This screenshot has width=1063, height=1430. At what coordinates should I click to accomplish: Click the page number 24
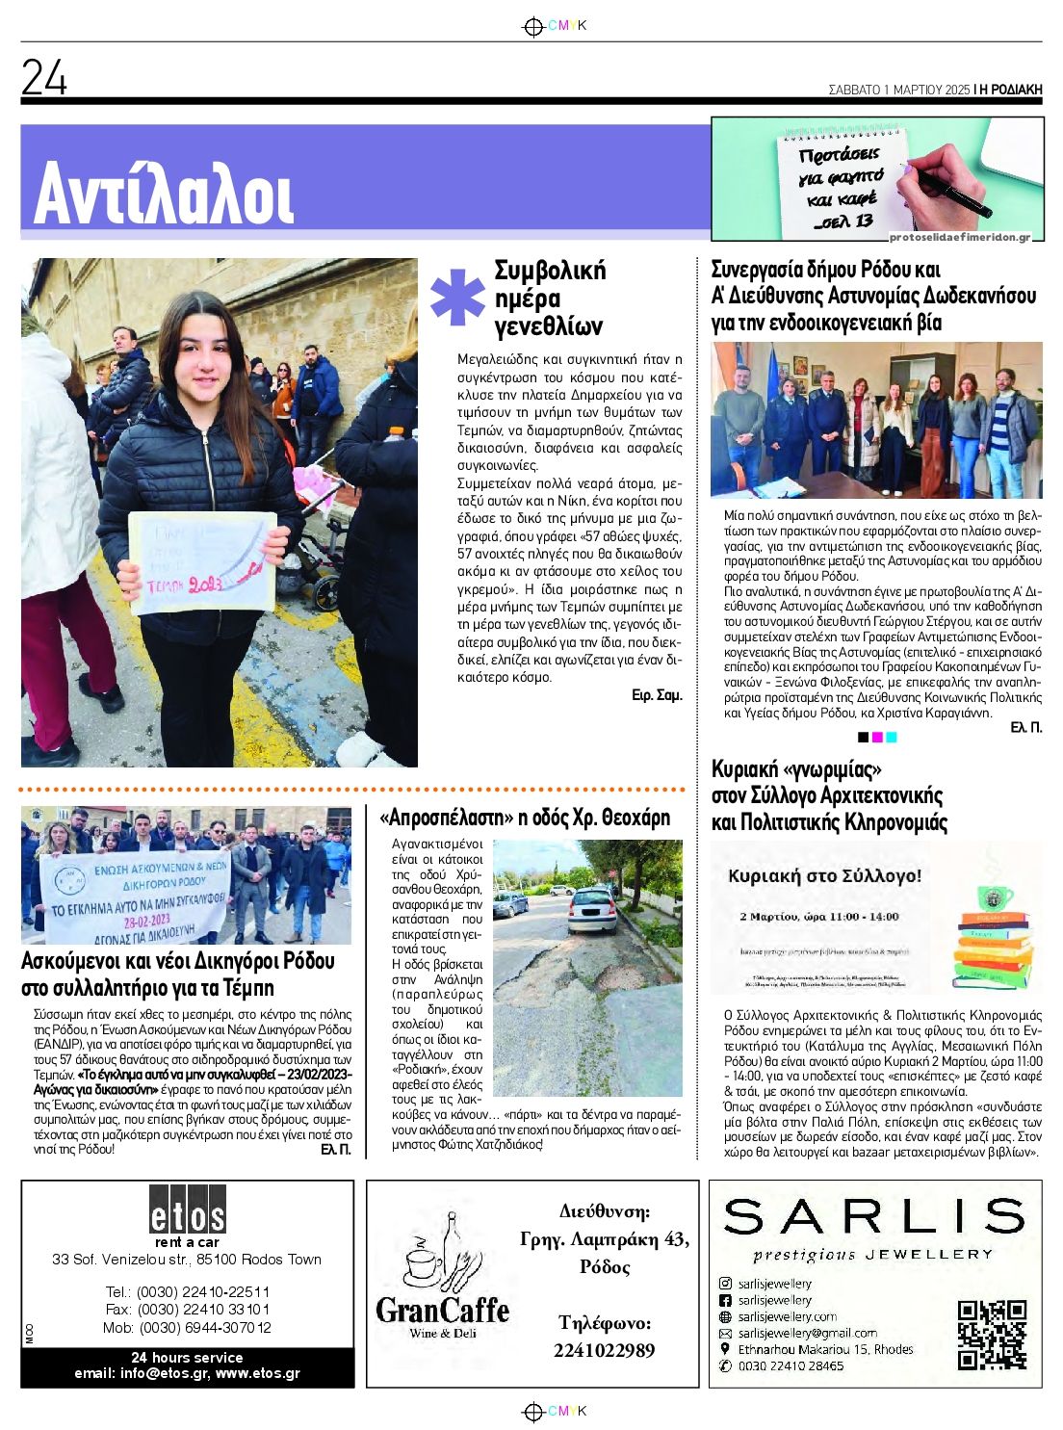pyautogui.click(x=44, y=77)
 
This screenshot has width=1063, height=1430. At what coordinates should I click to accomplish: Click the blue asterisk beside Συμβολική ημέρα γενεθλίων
pyautogui.click(x=457, y=297)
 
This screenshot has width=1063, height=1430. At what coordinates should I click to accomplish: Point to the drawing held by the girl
pyautogui.click(x=202, y=562)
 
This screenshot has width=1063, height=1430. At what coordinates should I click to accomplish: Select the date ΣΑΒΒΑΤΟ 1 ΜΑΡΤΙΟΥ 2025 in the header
pyautogui.click(x=898, y=90)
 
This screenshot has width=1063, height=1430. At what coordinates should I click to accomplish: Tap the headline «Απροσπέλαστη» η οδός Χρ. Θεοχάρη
pyautogui.click(x=525, y=819)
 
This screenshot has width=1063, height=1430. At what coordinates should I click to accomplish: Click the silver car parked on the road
pyautogui.click(x=593, y=909)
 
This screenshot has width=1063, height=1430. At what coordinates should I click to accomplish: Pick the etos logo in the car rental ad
pyautogui.click(x=187, y=1212)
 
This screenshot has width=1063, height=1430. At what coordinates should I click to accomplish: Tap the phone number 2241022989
pyautogui.click(x=604, y=1350)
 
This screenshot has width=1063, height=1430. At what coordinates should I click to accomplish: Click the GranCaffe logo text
pyautogui.click(x=442, y=1311)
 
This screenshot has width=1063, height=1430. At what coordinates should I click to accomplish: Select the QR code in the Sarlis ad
pyautogui.click(x=992, y=1334)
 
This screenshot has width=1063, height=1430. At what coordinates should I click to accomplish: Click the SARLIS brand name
pyautogui.click(x=873, y=1217)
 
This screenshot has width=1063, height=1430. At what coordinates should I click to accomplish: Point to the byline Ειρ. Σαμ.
pyautogui.click(x=657, y=694)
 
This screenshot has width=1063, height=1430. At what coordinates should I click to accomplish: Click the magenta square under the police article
pyautogui.click(x=877, y=738)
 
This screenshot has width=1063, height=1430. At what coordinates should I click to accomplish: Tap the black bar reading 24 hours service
pyautogui.click(x=187, y=1365)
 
